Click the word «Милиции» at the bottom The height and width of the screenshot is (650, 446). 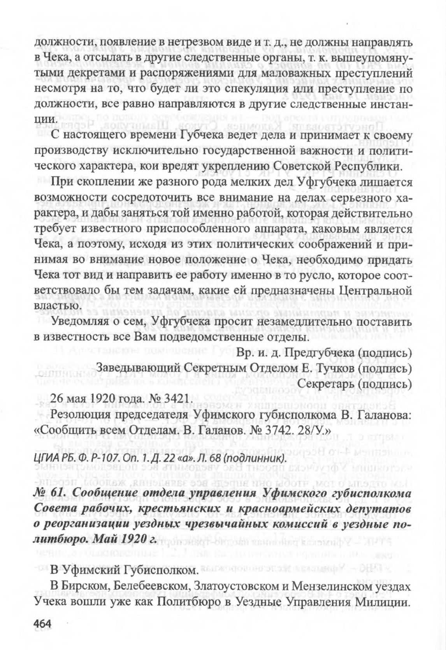[x=385, y=601]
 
